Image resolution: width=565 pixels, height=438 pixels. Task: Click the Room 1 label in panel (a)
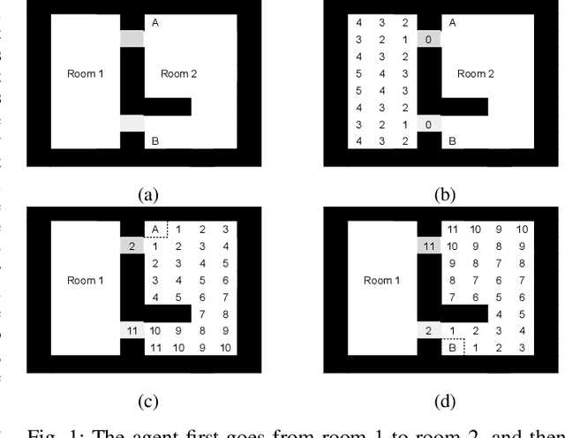tap(85, 74)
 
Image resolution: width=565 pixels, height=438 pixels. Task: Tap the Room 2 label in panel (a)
tap(179, 74)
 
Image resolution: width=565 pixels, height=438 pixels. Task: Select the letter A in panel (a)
tap(155, 23)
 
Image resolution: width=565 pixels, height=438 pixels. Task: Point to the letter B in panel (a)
tap(155, 140)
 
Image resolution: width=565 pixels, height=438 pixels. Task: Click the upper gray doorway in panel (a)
tap(131, 39)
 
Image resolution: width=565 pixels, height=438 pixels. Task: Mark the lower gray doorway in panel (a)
tap(131, 124)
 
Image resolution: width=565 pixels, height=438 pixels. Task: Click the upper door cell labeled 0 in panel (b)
tap(427, 39)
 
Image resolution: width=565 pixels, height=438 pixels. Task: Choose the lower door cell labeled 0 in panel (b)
tap(427, 125)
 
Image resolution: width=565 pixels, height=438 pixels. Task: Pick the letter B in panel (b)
tap(452, 140)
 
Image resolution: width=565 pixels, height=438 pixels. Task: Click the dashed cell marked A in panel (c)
tap(155, 230)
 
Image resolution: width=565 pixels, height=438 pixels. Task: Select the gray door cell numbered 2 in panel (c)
tap(131, 246)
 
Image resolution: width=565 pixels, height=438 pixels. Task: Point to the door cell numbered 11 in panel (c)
tap(131, 330)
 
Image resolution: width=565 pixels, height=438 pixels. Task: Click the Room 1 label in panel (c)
tap(85, 281)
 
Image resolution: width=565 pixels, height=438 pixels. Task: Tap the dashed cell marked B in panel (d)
tap(452, 347)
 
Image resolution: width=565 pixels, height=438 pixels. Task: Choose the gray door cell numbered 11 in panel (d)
tap(428, 246)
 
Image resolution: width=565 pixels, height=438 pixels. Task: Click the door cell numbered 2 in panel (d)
tap(428, 330)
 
